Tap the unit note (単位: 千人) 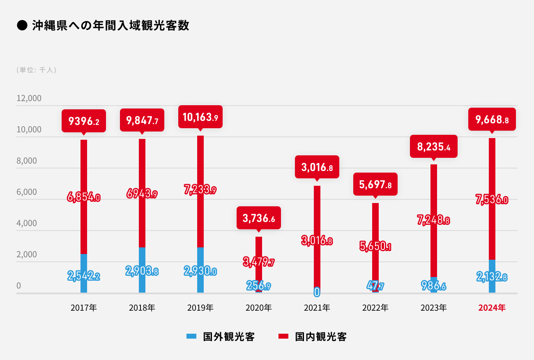click(36, 70)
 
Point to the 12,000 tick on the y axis click(29, 99)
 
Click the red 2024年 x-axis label click(492, 307)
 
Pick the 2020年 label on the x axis click(258, 307)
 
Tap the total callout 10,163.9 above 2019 click(200, 117)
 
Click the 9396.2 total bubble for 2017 click(84, 121)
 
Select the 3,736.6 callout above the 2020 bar click(259, 218)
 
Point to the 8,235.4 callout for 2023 click(433, 146)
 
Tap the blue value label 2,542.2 click(84, 276)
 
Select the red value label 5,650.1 click(375, 247)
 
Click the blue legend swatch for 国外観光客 click(191, 336)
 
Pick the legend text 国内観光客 click(321, 337)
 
